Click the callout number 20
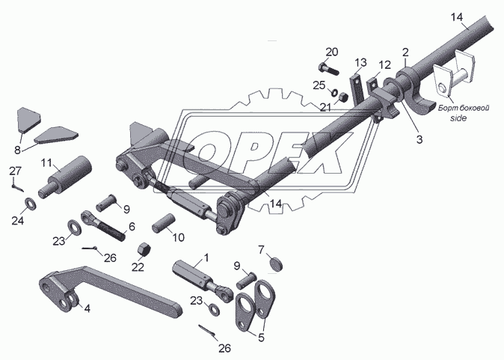(332, 52)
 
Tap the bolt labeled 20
(328, 69)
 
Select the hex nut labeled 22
(144, 250)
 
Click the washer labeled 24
(31, 204)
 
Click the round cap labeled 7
(277, 263)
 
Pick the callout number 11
(46, 163)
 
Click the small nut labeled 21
(343, 97)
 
